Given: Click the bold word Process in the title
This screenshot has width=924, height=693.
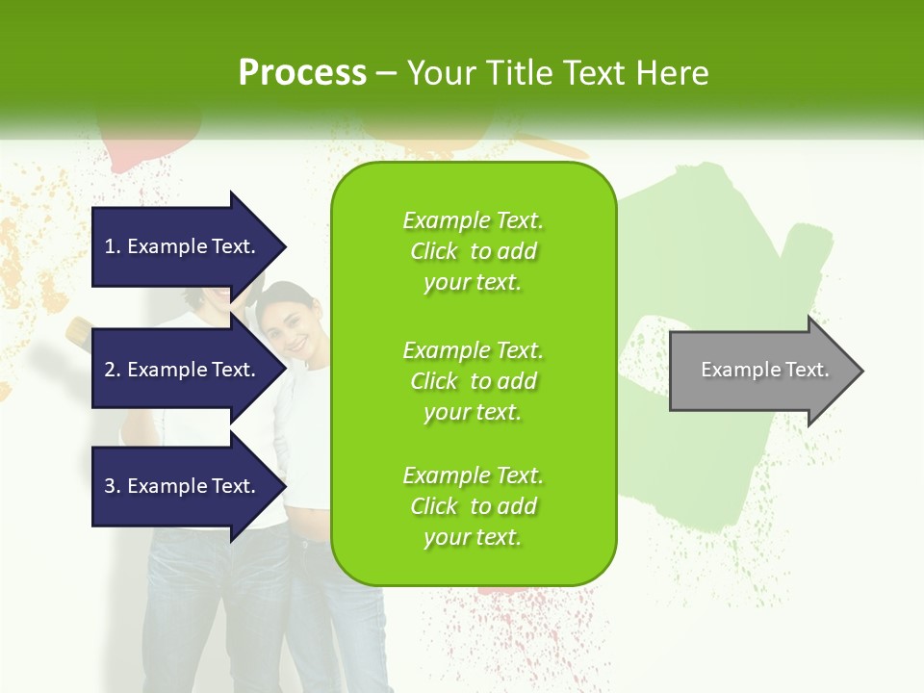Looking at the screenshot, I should tap(302, 73).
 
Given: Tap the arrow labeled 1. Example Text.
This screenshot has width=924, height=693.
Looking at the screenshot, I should tap(183, 246).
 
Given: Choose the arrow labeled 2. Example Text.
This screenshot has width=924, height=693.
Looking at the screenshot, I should tap(183, 370).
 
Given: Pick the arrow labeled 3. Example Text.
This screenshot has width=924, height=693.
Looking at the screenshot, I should tap(183, 486).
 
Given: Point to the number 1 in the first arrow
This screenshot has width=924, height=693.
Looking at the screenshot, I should tap(110, 246).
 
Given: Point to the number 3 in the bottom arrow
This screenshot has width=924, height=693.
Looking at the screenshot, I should tap(110, 486).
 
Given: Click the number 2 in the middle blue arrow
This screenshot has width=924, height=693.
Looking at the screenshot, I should tap(110, 370).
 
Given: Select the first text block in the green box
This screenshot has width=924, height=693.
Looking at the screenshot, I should tap(473, 250).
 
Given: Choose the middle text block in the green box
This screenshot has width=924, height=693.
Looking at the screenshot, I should tap(473, 380).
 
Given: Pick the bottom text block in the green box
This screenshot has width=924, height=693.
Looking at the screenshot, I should tap(473, 506).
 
